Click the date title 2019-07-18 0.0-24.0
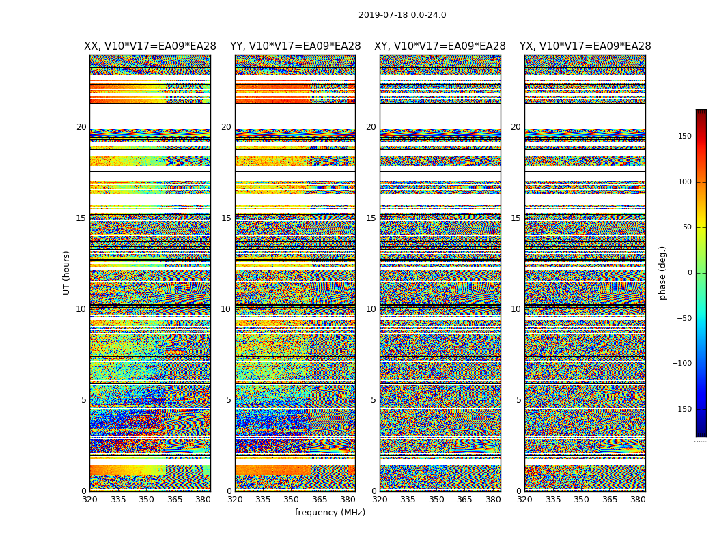click(402, 15)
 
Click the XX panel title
click(150, 46)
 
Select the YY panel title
click(295, 46)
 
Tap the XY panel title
click(440, 46)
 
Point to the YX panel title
click(585, 46)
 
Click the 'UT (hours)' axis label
click(67, 272)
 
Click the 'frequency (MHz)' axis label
click(330, 513)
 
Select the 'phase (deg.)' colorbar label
click(662, 273)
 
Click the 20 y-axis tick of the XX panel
click(81, 127)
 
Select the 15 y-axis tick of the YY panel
click(226, 218)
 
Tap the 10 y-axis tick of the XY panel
click(371, 309)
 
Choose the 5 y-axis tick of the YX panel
click(518, 400)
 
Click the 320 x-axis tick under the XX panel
click(89, 500)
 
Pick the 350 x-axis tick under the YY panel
click(292, 500)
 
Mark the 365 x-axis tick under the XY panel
click(464, 500)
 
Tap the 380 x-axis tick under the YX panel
click(638, 500)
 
